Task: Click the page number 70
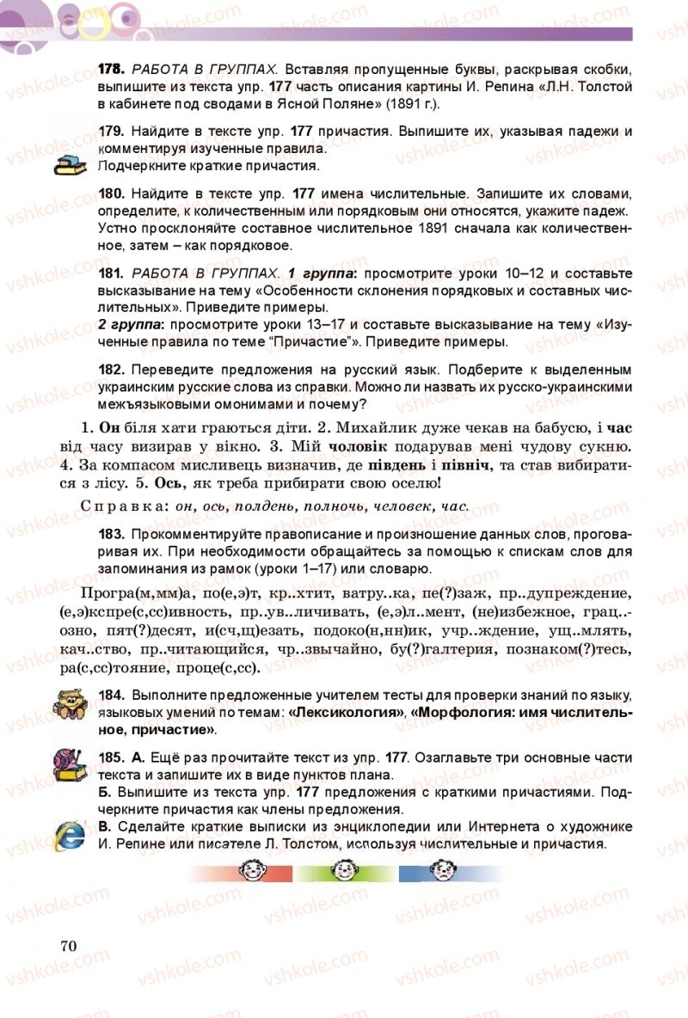(70, 946)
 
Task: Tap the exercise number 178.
(112, 69)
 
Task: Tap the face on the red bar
(252, 873)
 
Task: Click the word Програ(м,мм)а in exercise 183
(133, 594)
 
